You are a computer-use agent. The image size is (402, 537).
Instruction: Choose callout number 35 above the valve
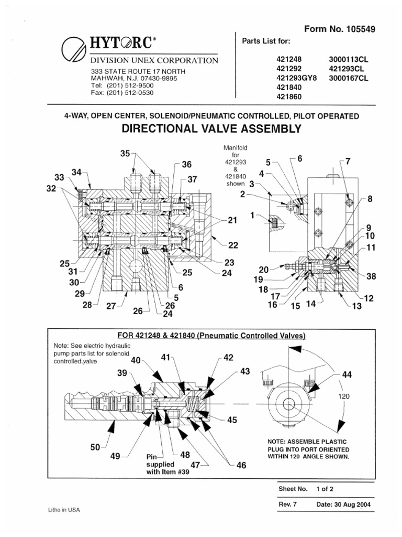tap(124, 154)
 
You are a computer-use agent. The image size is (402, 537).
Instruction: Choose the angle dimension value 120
tap(344, 396)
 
